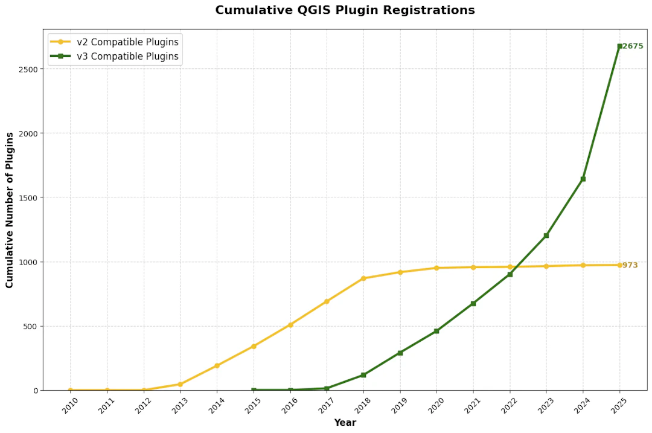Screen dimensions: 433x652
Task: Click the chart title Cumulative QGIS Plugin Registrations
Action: tap(345, 10)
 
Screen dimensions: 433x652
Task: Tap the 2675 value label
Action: tap(633, 46)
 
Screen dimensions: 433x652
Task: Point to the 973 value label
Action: tap(630, 265)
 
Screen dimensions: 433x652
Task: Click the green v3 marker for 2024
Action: tap(583, 179)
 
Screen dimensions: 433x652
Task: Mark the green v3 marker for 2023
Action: tap(546, 236)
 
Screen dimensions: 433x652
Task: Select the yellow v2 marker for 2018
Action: tap(363, 278)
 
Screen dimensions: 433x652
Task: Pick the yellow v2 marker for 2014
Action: tap(217, 365)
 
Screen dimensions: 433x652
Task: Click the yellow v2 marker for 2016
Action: tap(290, 325)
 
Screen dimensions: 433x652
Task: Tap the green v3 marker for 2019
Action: tap(400, 353)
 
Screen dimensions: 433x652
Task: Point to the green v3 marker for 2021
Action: tap(473, 303)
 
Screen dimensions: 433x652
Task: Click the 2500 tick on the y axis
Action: tap(29, 69)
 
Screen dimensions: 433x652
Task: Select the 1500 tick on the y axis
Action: tap(29, 197)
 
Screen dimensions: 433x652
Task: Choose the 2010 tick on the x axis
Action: tap(71, 406)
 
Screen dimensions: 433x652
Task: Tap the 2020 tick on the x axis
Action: tap(436, 406)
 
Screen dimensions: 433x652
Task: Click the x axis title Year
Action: tap(345, 423)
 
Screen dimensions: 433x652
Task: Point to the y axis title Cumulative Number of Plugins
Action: tap(10, 210)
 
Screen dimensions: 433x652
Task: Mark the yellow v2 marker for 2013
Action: tap(181, 384)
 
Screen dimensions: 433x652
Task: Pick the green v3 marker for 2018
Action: tap(363, 375)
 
